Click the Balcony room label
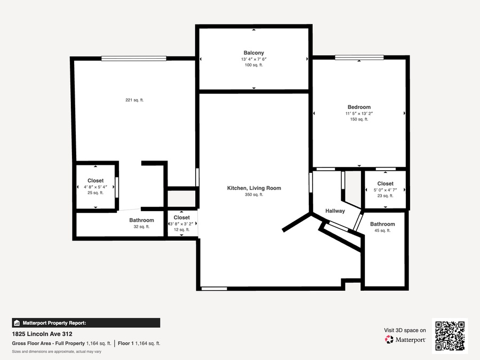point(254,53)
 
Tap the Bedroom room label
point(359,107)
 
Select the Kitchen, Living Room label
point(254,188)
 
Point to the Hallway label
point(335,211)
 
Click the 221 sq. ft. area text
point(134,100)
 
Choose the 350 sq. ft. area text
point(254,195)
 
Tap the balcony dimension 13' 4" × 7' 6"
point(254,59)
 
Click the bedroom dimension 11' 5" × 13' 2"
point(359,114)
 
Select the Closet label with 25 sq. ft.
point(95,181)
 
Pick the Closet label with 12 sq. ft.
point(181,218)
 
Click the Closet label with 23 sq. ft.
point(385,183)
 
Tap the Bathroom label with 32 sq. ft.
point(141,220)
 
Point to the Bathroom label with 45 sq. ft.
point(382,224)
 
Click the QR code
point(450,336)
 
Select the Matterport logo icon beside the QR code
point(389,340)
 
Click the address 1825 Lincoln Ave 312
point(42,334)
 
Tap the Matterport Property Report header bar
point(86,323)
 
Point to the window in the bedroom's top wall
point(359,57)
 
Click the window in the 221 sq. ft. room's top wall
point(134,59)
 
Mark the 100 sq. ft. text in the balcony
point(254,65)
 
